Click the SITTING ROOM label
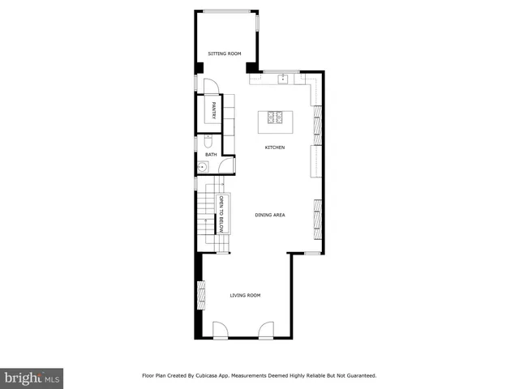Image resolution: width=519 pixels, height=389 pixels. coord(225,53)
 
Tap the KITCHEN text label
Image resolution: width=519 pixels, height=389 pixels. coord(275,147)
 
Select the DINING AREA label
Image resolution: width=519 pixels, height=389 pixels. coord(269,215)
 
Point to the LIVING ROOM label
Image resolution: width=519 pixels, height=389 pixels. coord(245,295)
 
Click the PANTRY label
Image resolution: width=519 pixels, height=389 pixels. coord(213,109)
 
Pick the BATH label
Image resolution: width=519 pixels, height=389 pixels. coord(210,154)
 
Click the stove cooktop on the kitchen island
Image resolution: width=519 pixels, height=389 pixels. coord(274,118)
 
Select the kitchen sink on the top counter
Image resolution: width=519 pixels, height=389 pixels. coord(283,79)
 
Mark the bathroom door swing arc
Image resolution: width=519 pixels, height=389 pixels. coord(227,165)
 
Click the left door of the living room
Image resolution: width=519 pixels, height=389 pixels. coord(221,330)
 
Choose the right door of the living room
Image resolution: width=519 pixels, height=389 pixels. coord(265,330)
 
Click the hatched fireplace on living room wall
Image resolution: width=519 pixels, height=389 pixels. coord(200,293)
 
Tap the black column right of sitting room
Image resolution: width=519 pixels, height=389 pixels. coord(252,66)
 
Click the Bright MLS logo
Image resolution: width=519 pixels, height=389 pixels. coord(32,378)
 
